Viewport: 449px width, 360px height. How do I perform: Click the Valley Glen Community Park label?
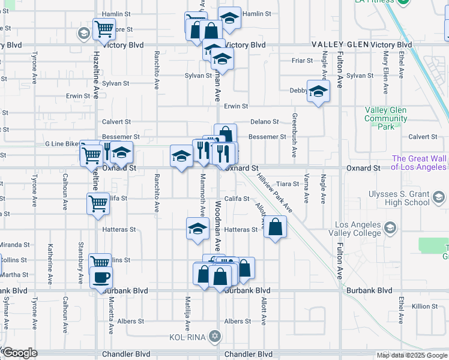coord(385,118)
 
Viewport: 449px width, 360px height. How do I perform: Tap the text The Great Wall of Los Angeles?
coord(420,163)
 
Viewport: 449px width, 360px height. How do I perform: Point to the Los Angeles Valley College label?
coord(355,228)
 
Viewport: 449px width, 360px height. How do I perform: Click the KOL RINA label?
coord(188,337)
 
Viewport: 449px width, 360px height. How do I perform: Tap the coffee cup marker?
coord(100,278)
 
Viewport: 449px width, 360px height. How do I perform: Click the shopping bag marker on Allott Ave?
coord(275,227)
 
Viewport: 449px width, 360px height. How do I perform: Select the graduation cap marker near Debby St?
coord(318,92)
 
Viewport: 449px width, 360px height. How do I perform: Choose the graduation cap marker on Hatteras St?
coord(196,229)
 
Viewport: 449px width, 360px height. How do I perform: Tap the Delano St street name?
coord(265,122)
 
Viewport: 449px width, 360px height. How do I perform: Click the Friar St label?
coord(302,61)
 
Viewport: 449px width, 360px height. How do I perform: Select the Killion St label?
coord(425,307)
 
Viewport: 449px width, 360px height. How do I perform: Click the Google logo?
coord(20,353)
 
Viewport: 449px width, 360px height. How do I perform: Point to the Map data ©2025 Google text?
coord(412,355)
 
